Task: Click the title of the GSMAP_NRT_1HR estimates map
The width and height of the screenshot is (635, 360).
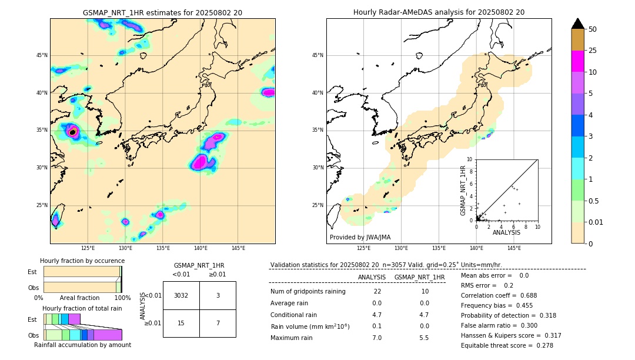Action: pyautogui.click(x=162, y=12)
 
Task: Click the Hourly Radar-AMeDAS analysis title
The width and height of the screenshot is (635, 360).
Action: pyautogui.click(x=439, y=12)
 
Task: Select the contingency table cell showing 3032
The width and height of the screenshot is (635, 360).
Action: pyautogui.click(x=181, y=295)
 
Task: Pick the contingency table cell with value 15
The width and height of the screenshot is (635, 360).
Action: pyautogui.click(x=181, y=323)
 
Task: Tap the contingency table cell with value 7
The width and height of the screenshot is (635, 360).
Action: pyautogui.click(x=218, y=323)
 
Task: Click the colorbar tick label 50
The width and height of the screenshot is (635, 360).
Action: pyautogui.click(x=593, y=29)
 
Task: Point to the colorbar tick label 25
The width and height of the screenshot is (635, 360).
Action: pyautogui.click(x=593, y=51)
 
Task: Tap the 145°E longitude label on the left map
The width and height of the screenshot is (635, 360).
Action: pyautogui.click(x=238, y=248)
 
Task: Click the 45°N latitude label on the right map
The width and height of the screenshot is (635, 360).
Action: pyautogui.click(x=317, y=55)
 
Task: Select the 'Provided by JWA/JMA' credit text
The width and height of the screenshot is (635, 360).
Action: pyautogui.click(x=360, y=237)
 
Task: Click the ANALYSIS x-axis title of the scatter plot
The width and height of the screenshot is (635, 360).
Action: pyautogui.click(x=506, y=232)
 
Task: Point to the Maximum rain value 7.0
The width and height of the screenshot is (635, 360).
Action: pyautogui.click(x=377, y=338)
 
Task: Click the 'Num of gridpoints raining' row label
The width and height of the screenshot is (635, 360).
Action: pyautogui.click(x=308, y=292)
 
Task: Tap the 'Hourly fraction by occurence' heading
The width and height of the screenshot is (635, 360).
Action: pyautogui.click(x=82, y=261)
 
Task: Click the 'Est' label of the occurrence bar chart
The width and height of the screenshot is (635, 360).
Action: pyautogui.click(x=32, y=272)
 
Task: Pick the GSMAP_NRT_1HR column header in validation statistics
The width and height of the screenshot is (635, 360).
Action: pyautogui.click(x=419, y=277)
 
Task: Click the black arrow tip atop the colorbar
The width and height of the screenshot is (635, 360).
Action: pyautogui.click(x=578, y=23)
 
